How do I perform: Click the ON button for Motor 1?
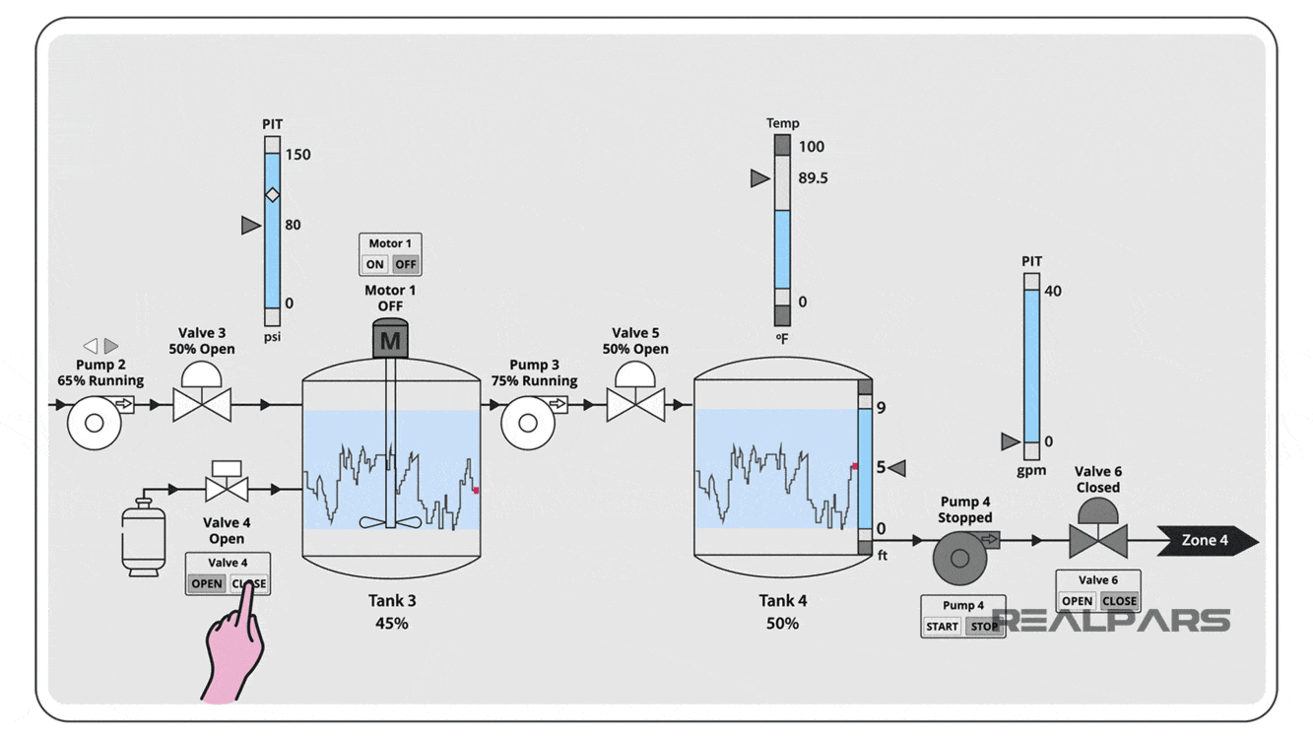coord(374,264)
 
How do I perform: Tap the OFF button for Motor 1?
coord(405,264)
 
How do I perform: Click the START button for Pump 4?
coord(942,626)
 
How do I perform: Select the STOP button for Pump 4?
coord(983,626)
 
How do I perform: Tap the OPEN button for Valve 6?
coord(1077,601)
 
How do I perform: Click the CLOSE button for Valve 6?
coord(1119,601)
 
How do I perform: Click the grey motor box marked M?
coord(391,341)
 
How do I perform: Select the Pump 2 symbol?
coord(96,423)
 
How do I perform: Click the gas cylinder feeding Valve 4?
coord(142,536)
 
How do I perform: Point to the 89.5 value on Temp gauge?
coord(813,178)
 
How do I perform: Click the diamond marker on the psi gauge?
coord(273,195)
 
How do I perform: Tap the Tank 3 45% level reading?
coord(391,623)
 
